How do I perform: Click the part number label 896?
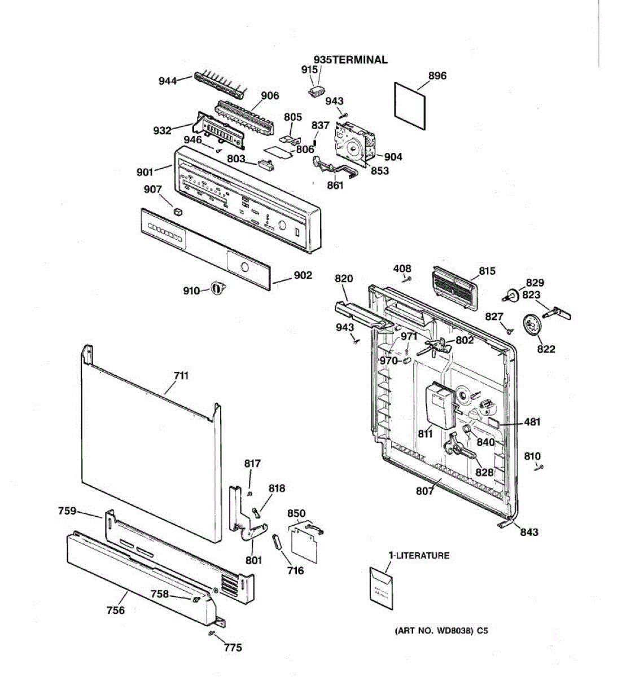click(x=437, y=76)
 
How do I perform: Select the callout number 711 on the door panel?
click(x=181, y=376)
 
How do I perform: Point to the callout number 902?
click(x=303, y=275)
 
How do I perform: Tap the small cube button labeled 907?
click(x=178, y=212)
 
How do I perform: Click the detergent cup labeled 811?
click(x=439, y=405)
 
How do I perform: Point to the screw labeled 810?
click(x=540, y=466)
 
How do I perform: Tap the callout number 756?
click(x=116, y=610)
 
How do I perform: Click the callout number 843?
click(x=529, y=531)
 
